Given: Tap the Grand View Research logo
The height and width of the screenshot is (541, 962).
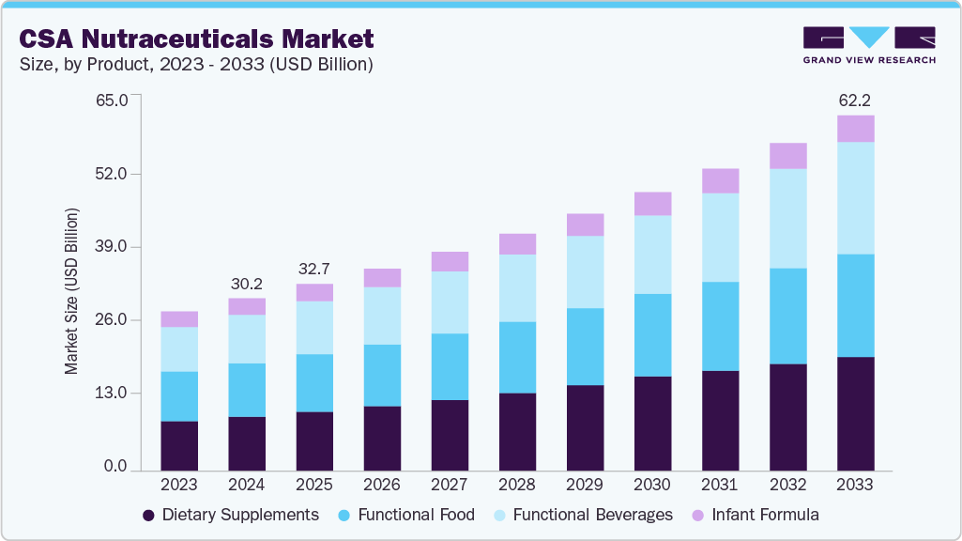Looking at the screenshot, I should (869, 45).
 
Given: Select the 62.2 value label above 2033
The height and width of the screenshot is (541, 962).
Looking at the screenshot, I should (855, 100).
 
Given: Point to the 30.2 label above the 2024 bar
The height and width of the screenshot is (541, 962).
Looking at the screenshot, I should (247, 283).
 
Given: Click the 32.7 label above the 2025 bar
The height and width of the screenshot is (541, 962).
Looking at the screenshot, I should (314, 268).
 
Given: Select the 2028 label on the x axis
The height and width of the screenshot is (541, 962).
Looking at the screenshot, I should (517, 485).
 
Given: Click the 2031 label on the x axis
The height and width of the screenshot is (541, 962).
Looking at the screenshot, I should (720, 485).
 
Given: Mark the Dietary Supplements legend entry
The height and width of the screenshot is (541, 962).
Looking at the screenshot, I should (230, 515).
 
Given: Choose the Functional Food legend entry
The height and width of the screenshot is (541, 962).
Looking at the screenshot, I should (405, 515).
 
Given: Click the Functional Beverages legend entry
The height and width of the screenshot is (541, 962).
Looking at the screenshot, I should (582, 515).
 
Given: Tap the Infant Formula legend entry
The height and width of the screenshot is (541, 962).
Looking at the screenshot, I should (755, 515).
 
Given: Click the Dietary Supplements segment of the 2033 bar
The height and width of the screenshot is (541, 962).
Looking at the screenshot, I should (855, 413).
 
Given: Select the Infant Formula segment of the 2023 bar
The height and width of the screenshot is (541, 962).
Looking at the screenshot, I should (179, 318).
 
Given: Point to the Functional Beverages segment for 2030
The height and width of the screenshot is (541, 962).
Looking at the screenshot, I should (652, 255).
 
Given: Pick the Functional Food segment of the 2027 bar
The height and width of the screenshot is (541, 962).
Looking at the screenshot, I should (450, 366).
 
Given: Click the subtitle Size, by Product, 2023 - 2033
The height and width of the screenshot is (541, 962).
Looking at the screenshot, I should (196, 65).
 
